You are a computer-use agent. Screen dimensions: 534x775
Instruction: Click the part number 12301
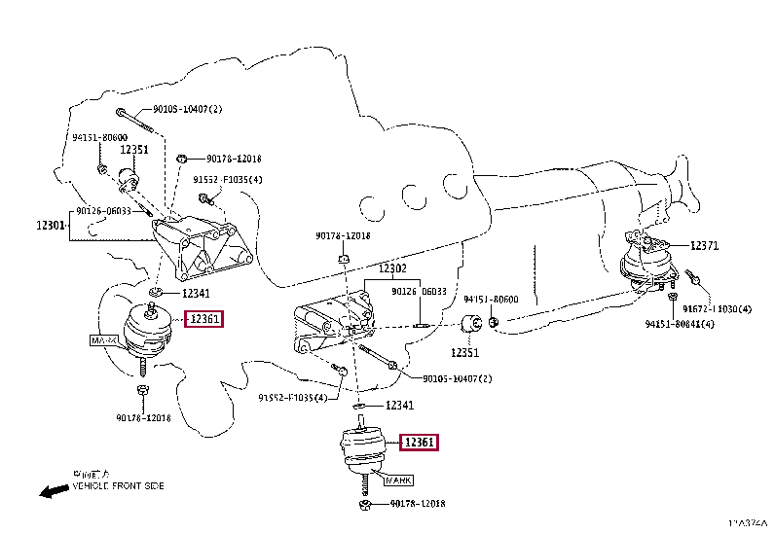point(52,225)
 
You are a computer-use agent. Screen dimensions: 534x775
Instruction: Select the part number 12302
point(392,267)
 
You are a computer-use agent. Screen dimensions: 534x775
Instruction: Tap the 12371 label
point(705,246)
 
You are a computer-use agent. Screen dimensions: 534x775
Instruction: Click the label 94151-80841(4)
point(680,323)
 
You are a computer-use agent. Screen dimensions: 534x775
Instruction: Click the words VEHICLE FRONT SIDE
point(119,484)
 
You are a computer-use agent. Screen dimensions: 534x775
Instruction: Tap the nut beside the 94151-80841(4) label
point(671,296)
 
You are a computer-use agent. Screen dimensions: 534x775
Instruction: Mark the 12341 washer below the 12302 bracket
point(359,406)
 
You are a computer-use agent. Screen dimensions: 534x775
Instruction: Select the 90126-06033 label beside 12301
point(104,210)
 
